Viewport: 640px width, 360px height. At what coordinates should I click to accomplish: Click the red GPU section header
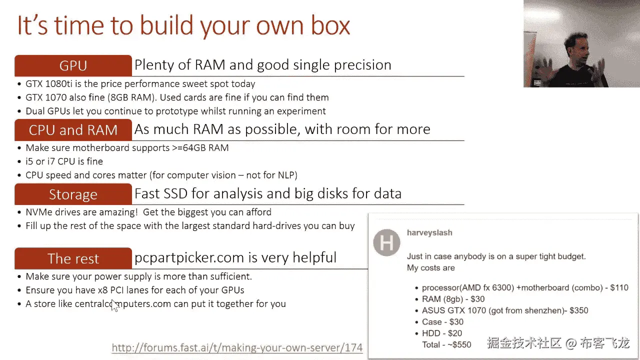[73, 65]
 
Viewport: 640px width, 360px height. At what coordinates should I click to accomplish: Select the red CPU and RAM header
[73, 130]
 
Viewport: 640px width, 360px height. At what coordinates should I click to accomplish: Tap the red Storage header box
[73, 194]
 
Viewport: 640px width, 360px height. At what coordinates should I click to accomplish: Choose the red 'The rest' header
[73, 258]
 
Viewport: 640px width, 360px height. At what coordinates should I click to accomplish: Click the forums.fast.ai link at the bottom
[237, 347]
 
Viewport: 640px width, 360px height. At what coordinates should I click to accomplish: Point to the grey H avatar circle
[387, 243]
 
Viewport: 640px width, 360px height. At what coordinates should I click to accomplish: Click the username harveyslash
[429, 232]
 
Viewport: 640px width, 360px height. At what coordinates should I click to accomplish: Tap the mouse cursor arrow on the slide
[114, 305]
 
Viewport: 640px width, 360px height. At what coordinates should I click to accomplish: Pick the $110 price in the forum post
[619, 287]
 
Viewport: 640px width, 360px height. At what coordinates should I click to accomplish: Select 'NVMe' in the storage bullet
[38, 212]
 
